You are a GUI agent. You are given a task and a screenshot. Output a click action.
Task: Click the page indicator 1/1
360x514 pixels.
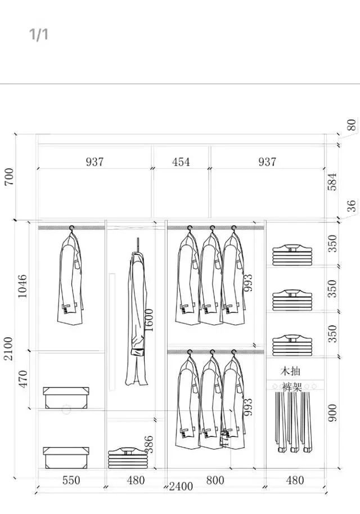(39, 34)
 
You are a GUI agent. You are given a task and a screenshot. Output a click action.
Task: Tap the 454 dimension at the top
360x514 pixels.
(181, 162)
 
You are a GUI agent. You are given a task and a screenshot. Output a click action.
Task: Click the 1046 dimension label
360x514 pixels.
(22, 286)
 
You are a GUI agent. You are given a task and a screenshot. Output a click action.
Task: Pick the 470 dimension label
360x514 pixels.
(22, 379)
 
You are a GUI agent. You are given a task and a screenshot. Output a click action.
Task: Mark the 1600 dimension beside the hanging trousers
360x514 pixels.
(149, 319)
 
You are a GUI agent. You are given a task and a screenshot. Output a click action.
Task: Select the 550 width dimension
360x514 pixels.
(71, 480)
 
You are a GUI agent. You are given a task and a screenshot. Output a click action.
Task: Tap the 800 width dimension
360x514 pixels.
(215, 480)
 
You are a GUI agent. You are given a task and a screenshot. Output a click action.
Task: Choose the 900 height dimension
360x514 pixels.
(333, 414)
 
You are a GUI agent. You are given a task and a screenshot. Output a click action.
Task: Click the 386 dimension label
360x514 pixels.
(149, 445)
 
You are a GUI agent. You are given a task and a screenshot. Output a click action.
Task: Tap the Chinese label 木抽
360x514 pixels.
(291, 372)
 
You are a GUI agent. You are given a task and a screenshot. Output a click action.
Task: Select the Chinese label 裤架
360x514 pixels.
(291, 388)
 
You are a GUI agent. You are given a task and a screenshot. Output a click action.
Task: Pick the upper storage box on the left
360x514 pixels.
(66, 397)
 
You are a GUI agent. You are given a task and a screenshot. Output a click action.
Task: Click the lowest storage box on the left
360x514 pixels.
(66, 457)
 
